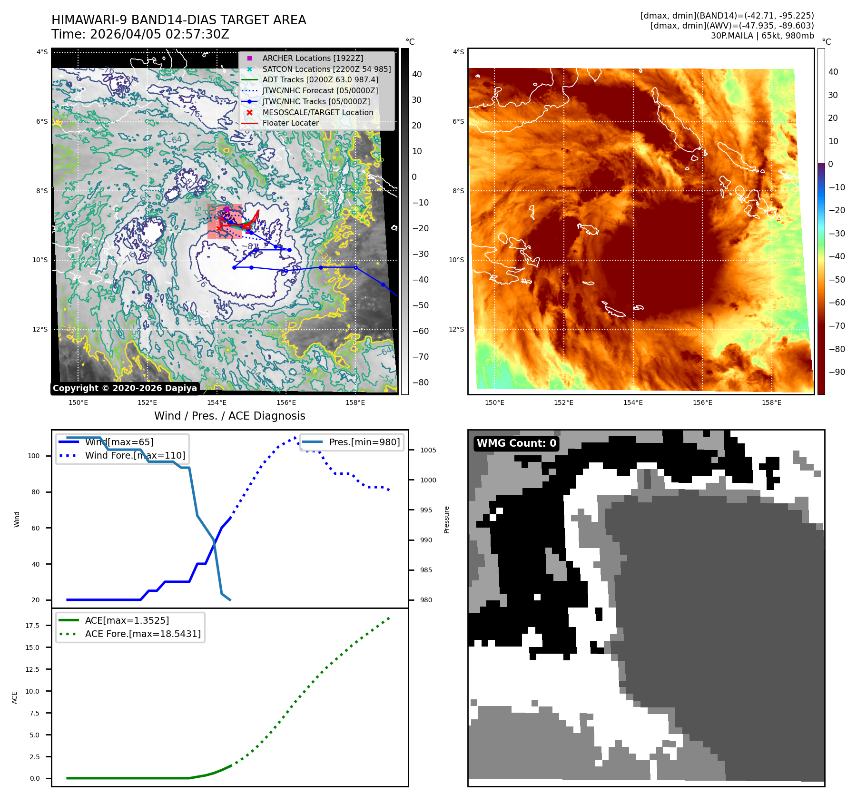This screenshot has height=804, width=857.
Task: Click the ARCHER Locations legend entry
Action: click(x=312, y=58)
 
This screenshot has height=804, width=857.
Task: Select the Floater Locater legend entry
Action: click(x=290, y=123)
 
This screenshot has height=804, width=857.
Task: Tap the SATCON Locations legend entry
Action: click(x=326, y=69)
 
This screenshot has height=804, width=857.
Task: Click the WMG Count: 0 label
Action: click(x=516, y=443)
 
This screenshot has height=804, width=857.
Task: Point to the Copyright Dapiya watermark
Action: click(x=125, y=388)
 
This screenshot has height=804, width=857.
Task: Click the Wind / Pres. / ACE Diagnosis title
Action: click(x=229, y=416)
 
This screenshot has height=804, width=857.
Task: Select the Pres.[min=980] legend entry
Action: click(x=364, y=442)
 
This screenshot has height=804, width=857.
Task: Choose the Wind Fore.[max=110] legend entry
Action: click(x=135, y=455)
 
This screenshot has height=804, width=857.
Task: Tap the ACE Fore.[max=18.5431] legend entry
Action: click(x=142, y=634)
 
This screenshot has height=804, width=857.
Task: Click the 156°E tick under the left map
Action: click(x=286, y=402)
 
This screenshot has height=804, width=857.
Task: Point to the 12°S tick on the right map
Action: click(x=458, y=329)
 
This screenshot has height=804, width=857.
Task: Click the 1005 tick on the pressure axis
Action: click(x=428, y=450)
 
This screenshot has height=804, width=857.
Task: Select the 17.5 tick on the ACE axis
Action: click(x=32, y=626)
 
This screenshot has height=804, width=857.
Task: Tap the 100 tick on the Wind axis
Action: click(x=34, y=456)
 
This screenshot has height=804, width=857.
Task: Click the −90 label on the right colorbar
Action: click(x=837, y=372)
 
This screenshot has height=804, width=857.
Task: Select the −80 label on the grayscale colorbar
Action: click(x=420, y=382)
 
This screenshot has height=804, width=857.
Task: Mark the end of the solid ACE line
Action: click(x=231, y=765)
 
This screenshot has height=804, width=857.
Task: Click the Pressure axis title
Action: click(x=446, y=520)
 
